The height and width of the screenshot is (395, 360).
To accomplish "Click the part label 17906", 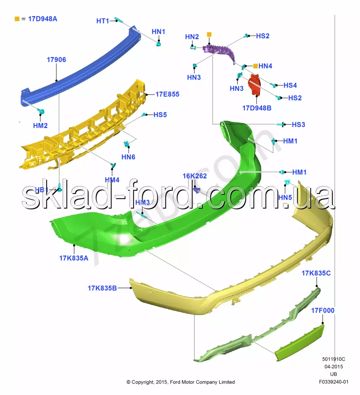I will [57, 60].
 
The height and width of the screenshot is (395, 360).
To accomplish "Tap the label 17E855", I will [167, 94].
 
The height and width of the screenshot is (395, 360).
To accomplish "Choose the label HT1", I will [102, 21].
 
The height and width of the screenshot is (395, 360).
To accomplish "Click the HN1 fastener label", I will [158, 32].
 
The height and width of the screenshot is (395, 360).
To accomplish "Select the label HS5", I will [160, 115].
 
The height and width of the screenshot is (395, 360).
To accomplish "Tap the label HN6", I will [128, 157].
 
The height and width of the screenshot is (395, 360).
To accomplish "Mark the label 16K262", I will [194, 176].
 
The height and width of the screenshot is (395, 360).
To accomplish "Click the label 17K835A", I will [74, 258].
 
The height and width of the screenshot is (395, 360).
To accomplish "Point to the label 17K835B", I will [102, 288].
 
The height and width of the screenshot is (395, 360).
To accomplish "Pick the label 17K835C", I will [316, 273].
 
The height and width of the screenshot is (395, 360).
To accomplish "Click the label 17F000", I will [322, 310].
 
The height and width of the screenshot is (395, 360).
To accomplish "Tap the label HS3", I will [298, 124].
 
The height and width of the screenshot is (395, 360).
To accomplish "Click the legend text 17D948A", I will [42, 19].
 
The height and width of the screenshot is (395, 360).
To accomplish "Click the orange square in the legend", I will [17, 19].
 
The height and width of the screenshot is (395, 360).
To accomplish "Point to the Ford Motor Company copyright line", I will [181, 382].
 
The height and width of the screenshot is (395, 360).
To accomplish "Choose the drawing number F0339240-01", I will [334, 382].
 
